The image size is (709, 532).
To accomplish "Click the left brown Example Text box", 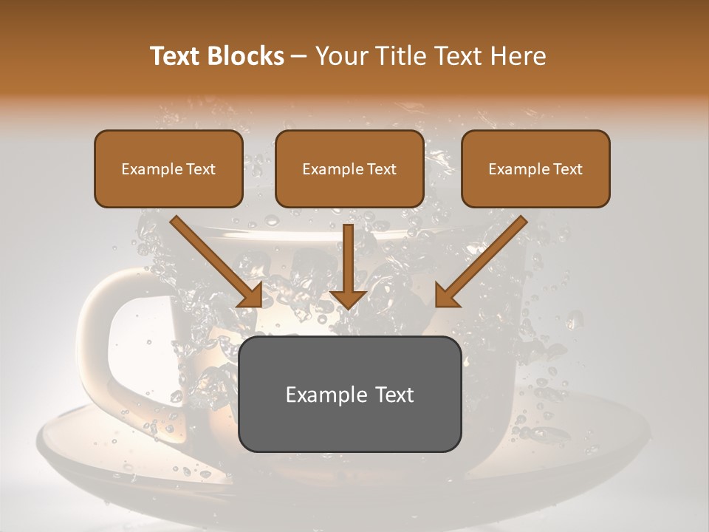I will [x=168, y=169].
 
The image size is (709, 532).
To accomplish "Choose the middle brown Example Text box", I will [x=349, y=169].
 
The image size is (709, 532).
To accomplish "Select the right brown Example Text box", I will [x=535, y=169].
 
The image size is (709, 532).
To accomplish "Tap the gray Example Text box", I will [x=349, y=394].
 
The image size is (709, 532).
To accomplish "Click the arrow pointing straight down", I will [x=349, y=266].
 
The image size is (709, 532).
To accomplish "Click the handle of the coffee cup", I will [x=100, y=332].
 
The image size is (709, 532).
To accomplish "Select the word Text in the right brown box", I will [x=567, y=169].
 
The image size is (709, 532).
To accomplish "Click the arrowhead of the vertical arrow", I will [x=349, y=298].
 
